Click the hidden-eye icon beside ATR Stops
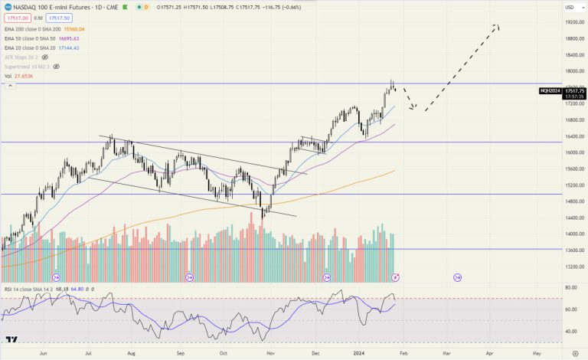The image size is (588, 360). (x=45, y=57)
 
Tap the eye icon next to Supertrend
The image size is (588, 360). (x=56, y=66)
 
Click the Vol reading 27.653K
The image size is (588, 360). (x=24, y=76)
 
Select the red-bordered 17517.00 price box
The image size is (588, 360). (x=16, y=18)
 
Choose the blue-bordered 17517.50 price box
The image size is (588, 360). (x=57, y=18)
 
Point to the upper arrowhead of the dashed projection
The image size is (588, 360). (x=498, y=27)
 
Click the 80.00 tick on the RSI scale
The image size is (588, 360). (x=571, y=287)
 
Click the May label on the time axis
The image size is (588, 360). (x=537, y=355)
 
